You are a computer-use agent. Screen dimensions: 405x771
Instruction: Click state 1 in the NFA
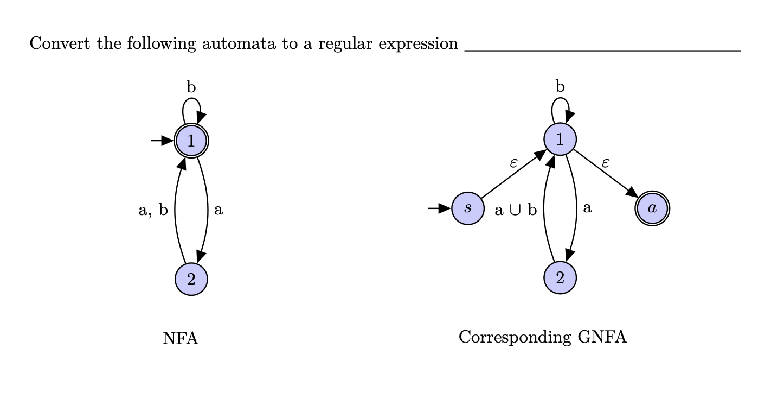[x=191, y=141]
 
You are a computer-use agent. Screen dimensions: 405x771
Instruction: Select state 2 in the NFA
[x=191, y=280]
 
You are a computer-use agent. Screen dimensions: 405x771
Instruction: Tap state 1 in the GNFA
[x=560, y=140]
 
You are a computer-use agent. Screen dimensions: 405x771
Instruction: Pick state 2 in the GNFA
[x=560, y=278]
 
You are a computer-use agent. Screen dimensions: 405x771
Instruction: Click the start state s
[x=468, y=208]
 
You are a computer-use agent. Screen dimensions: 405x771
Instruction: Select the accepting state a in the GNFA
[x=652, y=208]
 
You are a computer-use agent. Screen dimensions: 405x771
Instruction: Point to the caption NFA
[x=181, y=339]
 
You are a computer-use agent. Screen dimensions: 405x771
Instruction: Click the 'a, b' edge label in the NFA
[x=153, y=210]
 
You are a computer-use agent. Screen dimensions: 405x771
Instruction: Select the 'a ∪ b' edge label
[x=516, y=210]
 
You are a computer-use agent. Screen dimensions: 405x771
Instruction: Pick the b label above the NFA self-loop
[x=191, y=87]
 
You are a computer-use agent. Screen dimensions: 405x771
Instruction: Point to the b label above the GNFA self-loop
[x=560, y=86]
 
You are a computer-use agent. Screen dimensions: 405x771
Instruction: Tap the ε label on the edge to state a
[x=606, y=162]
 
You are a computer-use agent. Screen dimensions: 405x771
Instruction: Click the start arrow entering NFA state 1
[x=162, y=141]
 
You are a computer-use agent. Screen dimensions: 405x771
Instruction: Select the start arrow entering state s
[x=439, y=208]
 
